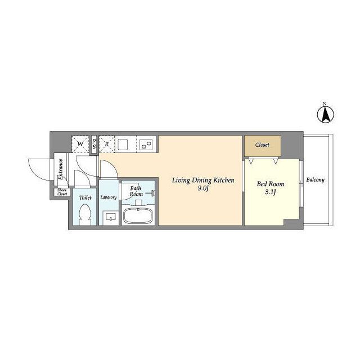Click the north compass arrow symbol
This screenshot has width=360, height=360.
point(326,114)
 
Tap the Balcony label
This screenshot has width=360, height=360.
point(316,180)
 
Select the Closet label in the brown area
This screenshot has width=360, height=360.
point(262,145)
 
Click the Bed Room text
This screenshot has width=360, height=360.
point(271,184)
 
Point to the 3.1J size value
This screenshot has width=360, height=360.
point(271,192)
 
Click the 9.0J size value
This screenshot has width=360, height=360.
point(203,188)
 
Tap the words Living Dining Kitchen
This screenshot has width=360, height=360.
point(203,180)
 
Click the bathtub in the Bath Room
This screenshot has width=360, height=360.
point(138,215)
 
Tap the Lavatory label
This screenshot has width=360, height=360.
point(109,197)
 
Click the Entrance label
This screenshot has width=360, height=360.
point(61,169)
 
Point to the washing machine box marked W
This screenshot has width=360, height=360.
point(80,144)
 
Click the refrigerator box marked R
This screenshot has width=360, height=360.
point(107,144)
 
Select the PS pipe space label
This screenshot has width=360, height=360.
point(94,144)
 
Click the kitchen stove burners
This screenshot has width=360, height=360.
point(147,145)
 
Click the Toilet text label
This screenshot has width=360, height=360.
point(85,197)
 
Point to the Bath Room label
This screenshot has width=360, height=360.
point(136,191)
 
